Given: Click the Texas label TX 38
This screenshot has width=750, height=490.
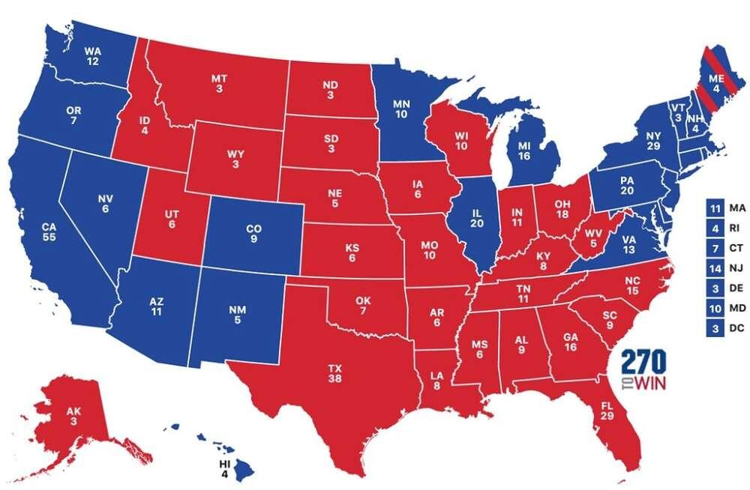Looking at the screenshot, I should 335,374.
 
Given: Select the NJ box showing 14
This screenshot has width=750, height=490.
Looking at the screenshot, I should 715,266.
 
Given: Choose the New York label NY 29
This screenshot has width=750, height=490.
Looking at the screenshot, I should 653,140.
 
